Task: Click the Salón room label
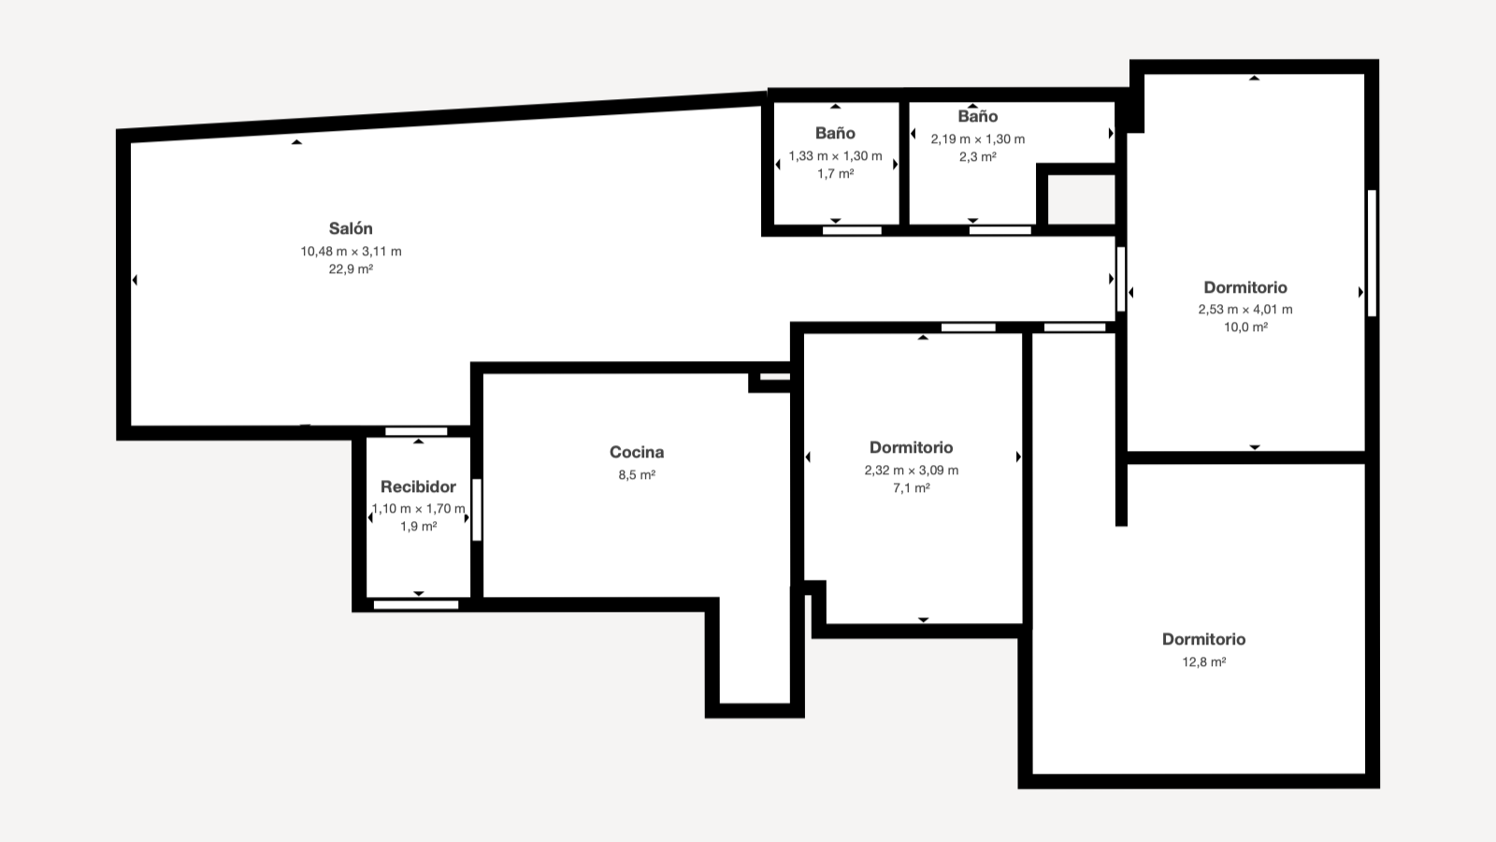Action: point(351,228)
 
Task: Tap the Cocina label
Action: point(637,453)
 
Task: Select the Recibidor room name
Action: point(418,486)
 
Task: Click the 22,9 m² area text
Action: point(351,269)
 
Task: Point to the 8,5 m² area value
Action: point(637,475)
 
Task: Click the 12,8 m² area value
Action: point(1204,662)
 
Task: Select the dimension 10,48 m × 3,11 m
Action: point(351,252)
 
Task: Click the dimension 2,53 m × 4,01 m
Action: point(1244,310)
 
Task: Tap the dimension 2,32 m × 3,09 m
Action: point(911,471)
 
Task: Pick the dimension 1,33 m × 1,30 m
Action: point(835,156)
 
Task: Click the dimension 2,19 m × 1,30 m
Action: point(978,139)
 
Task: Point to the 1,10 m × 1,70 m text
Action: point(418,509)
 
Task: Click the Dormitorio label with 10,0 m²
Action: point(1244,287)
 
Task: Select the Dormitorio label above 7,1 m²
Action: point(911,448)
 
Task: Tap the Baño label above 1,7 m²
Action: point(835,133)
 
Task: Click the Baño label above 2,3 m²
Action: point(978,116)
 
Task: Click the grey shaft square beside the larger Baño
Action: point(1081,200)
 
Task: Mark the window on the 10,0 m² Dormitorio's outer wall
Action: point(1372,254)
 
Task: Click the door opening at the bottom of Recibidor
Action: point(416,604)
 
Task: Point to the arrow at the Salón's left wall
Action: point(135,280)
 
